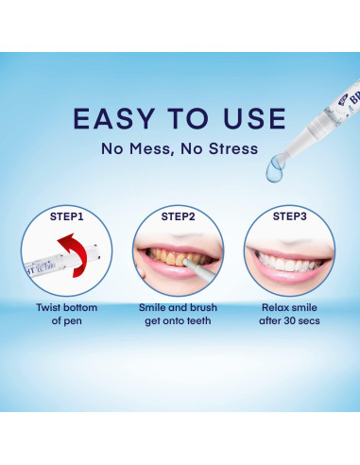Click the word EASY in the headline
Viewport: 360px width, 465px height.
click(114, 119)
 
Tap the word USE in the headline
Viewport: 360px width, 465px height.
click(254, 119)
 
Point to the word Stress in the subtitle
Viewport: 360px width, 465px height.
click(233, 148)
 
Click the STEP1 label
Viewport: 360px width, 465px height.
click(67, 216)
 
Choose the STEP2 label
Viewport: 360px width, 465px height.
click(178, 216)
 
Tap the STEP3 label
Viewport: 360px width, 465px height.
click(289, 216)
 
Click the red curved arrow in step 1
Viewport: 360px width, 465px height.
click(76, 252)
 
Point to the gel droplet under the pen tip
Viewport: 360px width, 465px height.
click(274, 169)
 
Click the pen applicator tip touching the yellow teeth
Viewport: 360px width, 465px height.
click(186, 262)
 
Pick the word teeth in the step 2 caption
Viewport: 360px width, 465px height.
click(199, 321)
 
